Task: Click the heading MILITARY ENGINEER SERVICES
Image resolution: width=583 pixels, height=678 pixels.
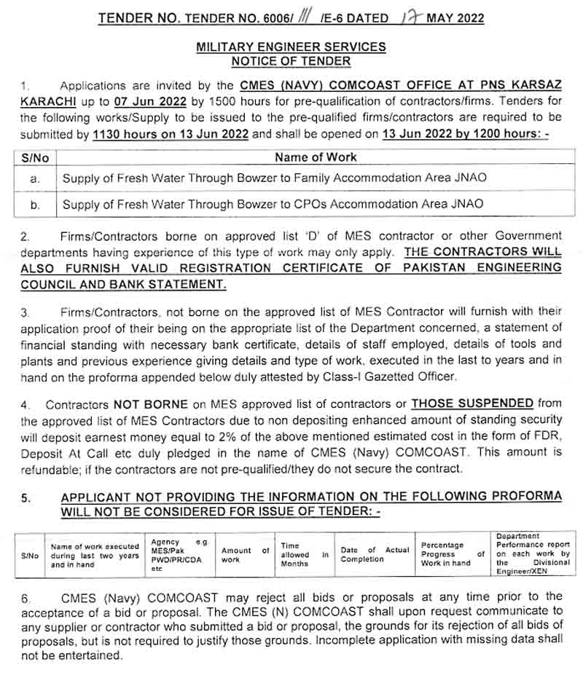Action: (x=291, y=47)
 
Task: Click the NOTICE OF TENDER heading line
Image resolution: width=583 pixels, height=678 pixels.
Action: (x=291, y=60)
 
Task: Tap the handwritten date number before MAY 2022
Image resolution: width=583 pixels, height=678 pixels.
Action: (x=412, y=18)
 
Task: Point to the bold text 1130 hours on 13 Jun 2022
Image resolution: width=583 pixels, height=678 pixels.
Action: (x=171, y=135)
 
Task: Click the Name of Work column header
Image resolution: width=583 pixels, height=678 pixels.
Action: (x=316, y=157)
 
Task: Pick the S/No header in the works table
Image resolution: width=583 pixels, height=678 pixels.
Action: (x=35, y=157)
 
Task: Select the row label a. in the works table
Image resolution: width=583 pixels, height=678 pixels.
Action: (x=35, y=178)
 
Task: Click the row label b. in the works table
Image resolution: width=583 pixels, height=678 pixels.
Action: (x=35, y=205)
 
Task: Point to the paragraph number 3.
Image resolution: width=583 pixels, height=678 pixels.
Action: (x=26, y=312)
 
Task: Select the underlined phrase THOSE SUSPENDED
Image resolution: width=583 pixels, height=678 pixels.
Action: (x=472, y=403)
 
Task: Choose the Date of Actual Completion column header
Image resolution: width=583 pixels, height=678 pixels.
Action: (x=375, y=555)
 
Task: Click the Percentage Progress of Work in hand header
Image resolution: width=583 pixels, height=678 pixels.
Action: (x=453, y=554)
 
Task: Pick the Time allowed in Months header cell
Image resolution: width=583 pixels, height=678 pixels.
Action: (x=305, y=554)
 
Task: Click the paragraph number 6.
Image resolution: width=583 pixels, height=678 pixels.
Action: (x=26, y=598)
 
